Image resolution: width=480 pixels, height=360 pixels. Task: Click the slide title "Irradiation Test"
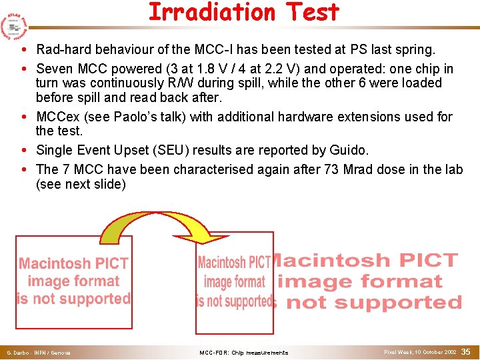[x=243, y=13]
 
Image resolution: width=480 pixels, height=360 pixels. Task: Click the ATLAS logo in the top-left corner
[x=14, y=24]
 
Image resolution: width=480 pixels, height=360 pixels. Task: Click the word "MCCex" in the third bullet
[x=57, y=117]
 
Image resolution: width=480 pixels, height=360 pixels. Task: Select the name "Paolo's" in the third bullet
[x=136, y=117]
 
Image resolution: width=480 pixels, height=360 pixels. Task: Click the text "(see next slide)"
[x=81, y=184]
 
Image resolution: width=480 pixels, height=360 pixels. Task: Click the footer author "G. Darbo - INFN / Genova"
[x=38, y=352]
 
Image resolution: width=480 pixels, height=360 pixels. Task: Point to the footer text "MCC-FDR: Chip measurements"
[x=244, y=352]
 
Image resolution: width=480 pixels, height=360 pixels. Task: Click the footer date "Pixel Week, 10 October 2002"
[x=420, y=351]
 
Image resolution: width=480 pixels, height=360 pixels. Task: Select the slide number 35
[x=466, y=351]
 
